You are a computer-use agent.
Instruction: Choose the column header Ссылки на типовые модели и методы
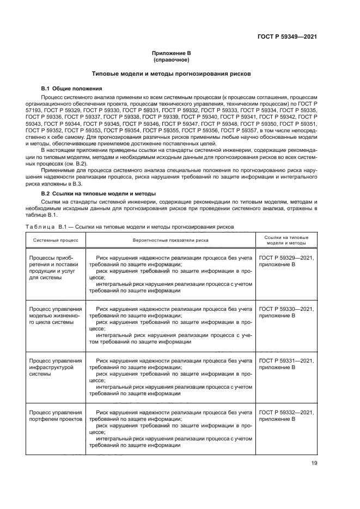tap(286, 240)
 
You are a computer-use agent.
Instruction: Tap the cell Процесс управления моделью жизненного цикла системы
tap(55, 315)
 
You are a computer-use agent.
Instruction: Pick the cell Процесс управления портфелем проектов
tap(55, 416)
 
